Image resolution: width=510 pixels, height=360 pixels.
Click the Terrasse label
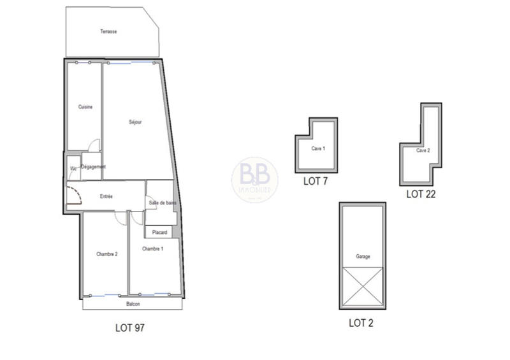(x=108, y=31)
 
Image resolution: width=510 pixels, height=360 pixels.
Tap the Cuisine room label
(x=85, y=107)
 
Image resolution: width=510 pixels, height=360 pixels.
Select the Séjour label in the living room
(x=135, y=122)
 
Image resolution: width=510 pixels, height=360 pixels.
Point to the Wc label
(x=73, y=168)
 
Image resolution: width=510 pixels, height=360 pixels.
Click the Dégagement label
(x=93, y=167)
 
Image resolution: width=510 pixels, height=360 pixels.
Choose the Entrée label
(x=106, y=197)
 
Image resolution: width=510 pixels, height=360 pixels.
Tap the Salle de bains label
(x=163, y=203)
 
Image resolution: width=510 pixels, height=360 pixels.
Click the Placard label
(x=159, y=233)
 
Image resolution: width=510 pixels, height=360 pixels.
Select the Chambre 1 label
(x=152, y=248)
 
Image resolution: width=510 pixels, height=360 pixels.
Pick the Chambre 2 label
(x=107, y=254)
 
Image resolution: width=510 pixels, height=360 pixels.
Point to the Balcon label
(x=133, y=305)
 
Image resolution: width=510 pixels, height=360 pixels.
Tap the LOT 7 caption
(x=316, y=181)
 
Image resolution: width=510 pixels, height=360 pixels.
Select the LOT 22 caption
(x=421, y=194)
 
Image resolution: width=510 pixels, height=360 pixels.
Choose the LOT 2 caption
(x=361, y=323)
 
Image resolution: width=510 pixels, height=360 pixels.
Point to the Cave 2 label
(x=423, y=151)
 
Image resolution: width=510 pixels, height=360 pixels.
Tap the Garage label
(x=363, y=257)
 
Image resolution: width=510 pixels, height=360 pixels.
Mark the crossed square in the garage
(x=363, y=287)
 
